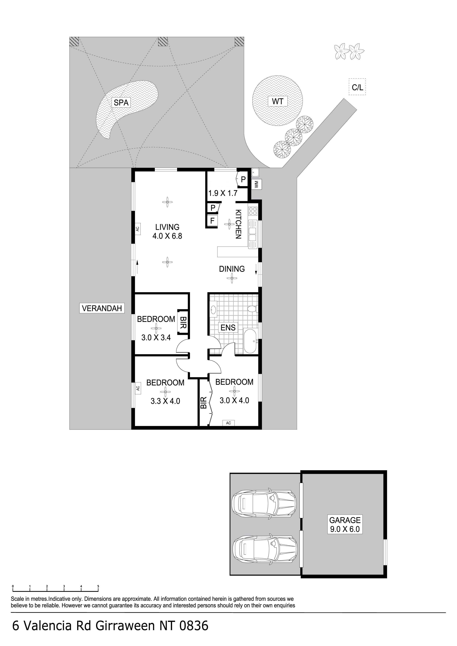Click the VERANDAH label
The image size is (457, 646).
coord(102,308)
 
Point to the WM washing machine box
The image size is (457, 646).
coord(257,185)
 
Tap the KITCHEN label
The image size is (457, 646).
coord(238,224)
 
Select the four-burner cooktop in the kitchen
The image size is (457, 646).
coord(253,210)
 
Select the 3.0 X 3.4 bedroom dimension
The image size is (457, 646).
coord(156,337)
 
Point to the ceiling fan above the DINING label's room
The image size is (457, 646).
coord(232,279)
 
